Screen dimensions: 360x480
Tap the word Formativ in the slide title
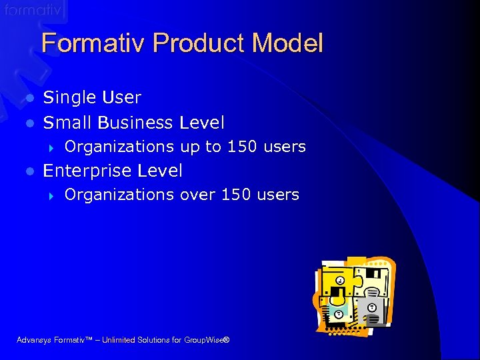tap(94, 43)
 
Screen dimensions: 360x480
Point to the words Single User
tap(92, 97)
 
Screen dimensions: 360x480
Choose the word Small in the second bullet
tap(67, 123)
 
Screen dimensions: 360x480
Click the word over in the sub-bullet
tap(198, 195)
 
